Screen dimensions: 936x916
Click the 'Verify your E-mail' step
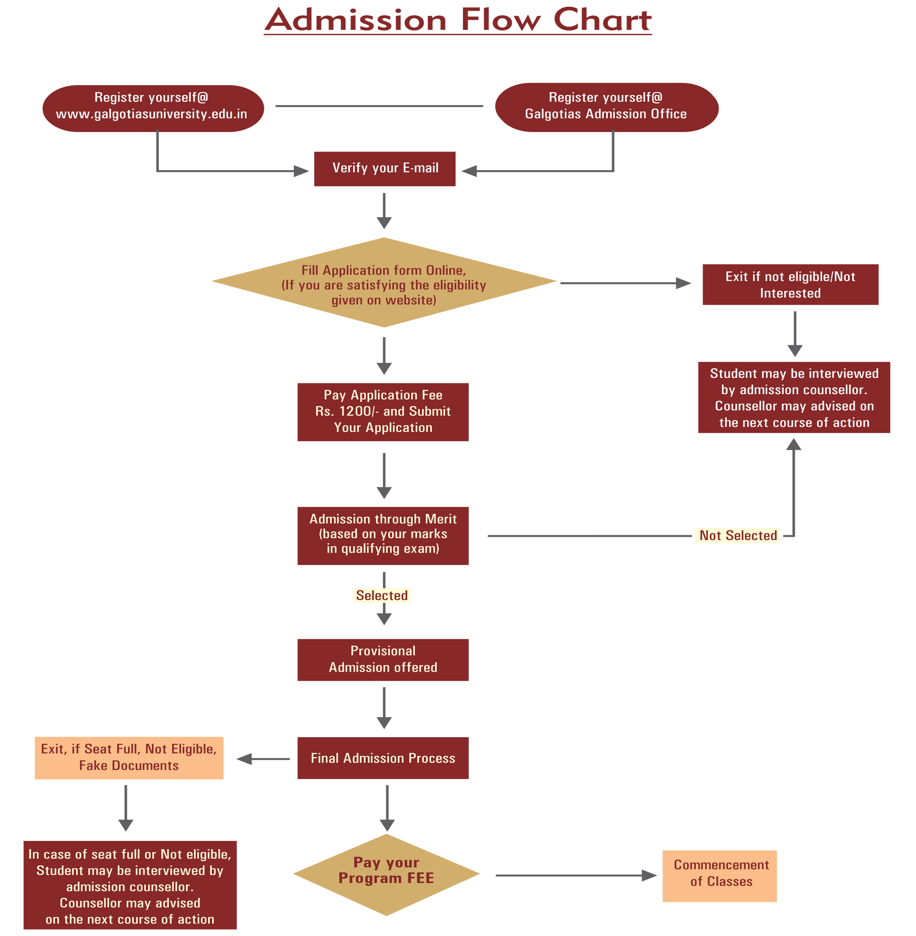(385, 168)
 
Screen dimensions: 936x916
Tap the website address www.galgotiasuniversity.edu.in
(151, 114)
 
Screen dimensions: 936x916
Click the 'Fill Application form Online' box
(383, 285)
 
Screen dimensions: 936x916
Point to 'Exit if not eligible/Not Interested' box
(790, 285)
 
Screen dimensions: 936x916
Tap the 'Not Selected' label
(737, 536)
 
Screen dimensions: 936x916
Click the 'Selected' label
(381, 596)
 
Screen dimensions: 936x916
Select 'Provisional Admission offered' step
(383, 659)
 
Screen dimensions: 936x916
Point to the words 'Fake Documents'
(129, 766)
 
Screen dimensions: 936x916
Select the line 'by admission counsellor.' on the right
(794, 390)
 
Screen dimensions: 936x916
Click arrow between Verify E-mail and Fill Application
(384, 212)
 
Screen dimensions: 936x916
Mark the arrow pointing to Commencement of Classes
(568, 879)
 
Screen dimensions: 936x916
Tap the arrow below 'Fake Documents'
(125, 809)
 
